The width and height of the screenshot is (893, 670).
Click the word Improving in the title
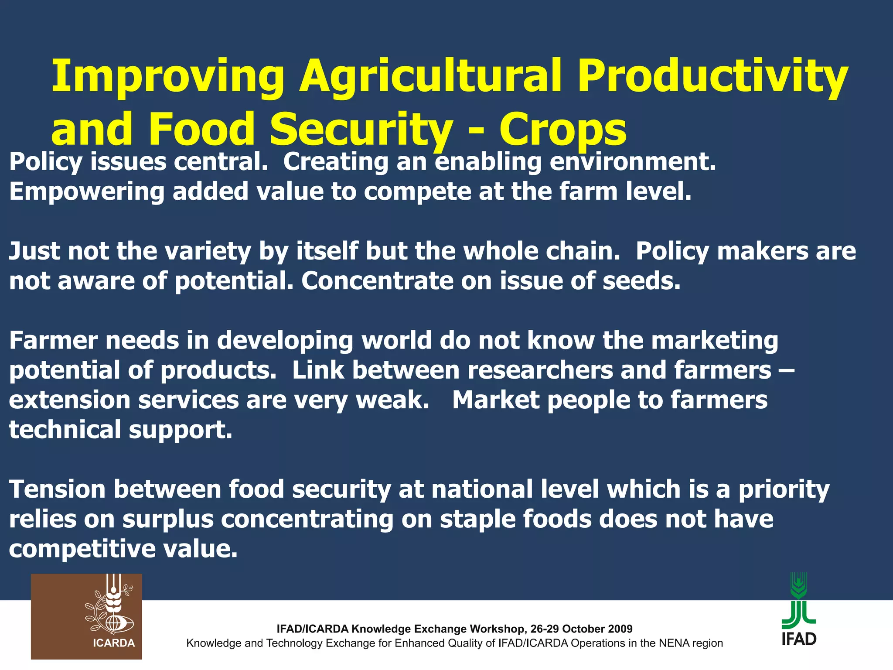[x=168, y=78]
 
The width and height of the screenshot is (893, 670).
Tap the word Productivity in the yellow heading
[x=712, y=78]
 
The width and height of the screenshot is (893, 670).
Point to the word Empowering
[x=86, y=192]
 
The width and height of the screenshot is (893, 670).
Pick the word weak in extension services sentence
[x=392, y=400]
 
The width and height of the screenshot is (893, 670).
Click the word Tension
[x=57, y=489]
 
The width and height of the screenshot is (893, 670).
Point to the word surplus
[x=168, y=520]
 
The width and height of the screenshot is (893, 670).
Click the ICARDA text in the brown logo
[x=114, y=643]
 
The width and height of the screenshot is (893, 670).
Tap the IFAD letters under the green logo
[x=799, y=639]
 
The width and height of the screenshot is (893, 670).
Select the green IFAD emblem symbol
[x=799, y=602]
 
